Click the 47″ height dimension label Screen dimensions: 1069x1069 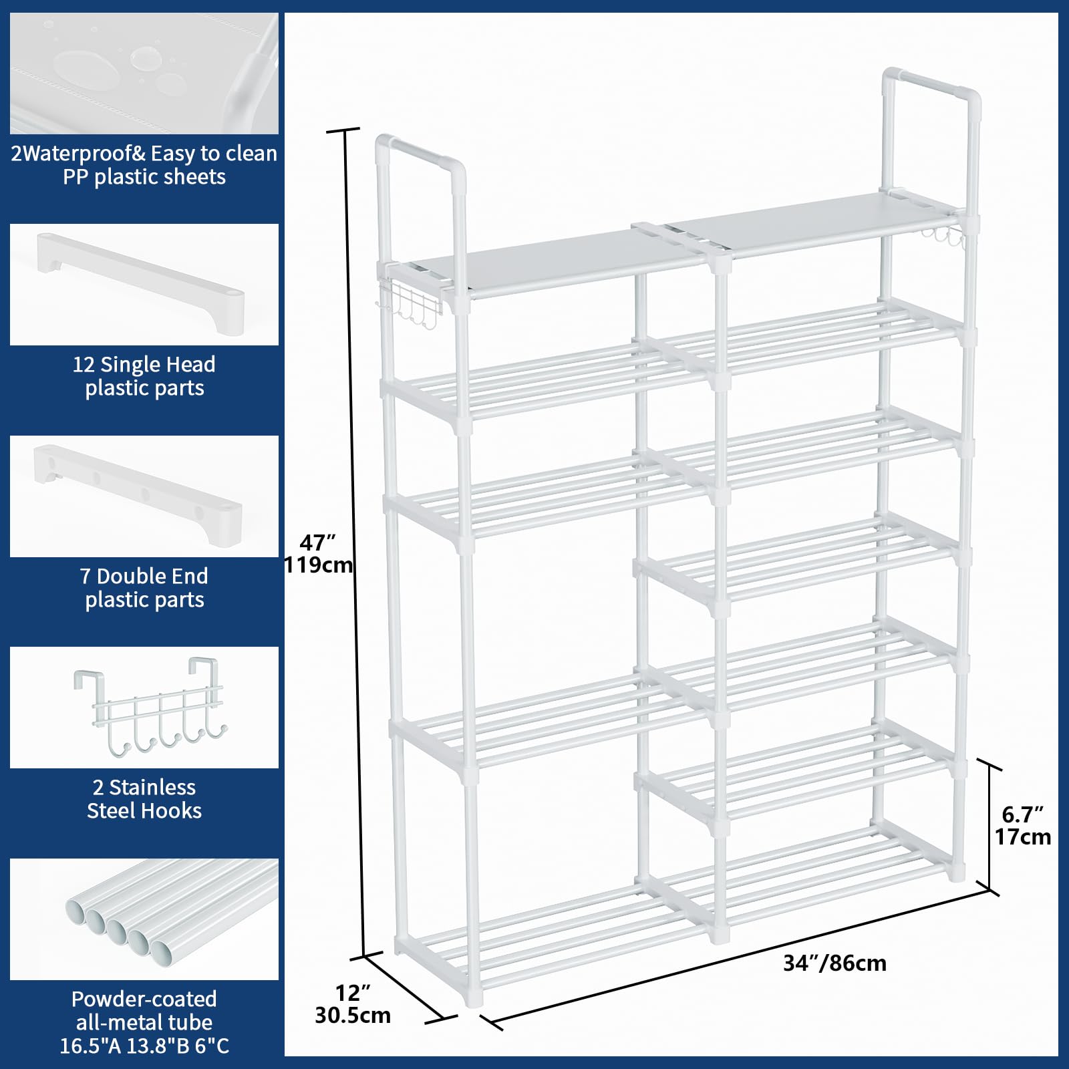(317, 542)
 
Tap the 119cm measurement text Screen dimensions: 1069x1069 (318, 565)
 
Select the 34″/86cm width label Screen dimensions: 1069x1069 (834, 963)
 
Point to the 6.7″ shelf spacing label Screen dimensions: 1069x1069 (1022, 814)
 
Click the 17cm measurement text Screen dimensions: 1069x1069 (1022, 837)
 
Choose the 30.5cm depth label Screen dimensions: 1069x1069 (353, 1015)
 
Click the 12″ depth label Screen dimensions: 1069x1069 (352, 992)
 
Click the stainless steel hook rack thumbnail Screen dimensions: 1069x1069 (150, 709)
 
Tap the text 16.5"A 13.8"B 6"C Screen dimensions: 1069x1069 (144, 1046)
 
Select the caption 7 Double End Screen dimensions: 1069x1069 (144, 576)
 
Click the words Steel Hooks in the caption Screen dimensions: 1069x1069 (144, 810)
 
